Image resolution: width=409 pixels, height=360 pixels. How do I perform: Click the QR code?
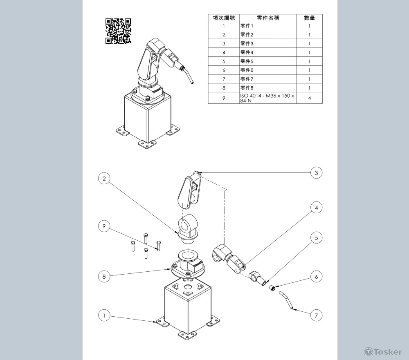pos(118,31)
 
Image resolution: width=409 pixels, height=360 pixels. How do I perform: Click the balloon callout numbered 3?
pos(317,173)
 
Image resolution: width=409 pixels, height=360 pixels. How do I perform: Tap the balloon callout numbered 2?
pos(104,179)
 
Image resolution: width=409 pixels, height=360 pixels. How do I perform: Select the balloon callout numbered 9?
pos(104,226)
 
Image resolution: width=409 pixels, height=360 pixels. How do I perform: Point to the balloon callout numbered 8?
pos(104,276)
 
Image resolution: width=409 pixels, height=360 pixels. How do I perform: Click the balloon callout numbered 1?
pos(104,315)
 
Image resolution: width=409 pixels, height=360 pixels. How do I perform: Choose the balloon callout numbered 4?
pos(317,208)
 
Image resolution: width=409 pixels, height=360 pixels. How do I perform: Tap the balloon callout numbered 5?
pos(317,237)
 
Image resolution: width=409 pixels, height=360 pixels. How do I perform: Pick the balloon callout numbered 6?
pos(317,277)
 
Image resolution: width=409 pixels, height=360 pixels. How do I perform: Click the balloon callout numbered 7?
pos(317,315)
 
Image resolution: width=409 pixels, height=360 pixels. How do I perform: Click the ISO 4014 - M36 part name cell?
pos(268,98)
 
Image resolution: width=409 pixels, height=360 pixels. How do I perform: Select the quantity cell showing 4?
pos(309,98)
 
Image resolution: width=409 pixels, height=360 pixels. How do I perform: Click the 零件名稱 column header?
pos(268,18)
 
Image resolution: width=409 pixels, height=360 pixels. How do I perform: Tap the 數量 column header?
pos(309,18)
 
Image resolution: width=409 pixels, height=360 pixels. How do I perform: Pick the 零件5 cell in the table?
pos(268,61)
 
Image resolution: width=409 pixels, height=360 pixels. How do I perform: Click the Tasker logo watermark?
pos(383,352)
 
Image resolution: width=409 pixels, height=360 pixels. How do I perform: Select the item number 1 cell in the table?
pos(224,26)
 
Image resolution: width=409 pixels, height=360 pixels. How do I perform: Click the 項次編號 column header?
pos(224,18)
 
